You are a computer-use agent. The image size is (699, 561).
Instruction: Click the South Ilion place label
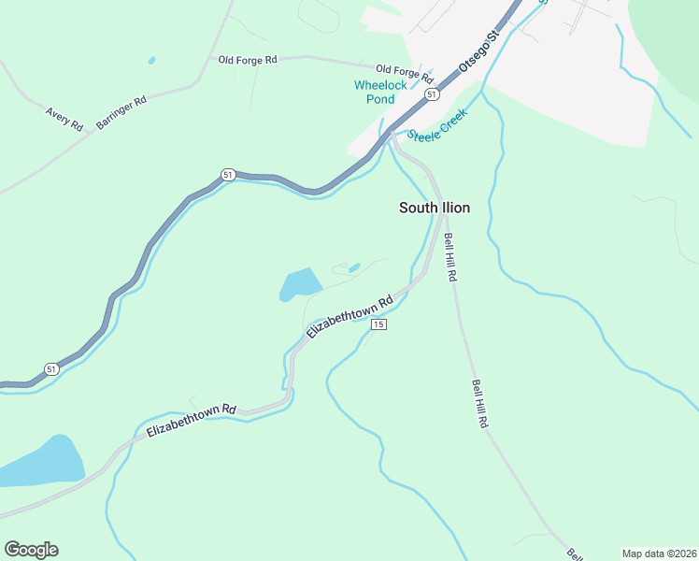pos(434,208)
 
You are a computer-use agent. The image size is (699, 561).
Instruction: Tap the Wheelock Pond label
pos(380,92)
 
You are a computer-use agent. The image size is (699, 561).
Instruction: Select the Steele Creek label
pos(436,127)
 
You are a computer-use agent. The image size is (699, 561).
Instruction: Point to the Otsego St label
pos(480,53)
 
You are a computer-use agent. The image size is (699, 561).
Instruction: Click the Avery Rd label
pos(64,119)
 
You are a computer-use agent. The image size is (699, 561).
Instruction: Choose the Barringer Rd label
pos(121,112)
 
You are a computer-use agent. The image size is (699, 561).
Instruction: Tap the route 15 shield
pos(378,324)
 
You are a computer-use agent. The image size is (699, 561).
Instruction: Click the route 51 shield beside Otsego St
pos(430,94)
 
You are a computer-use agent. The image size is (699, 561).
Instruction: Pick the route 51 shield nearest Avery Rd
pos(227,175)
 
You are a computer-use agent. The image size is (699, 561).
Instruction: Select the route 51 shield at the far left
pos(51,369)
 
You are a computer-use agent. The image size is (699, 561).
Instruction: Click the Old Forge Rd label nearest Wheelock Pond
pos(405,72)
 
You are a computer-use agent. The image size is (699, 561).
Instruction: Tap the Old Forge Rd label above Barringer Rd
pos(248,60)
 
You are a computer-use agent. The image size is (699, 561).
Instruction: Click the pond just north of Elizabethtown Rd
pos(299,284)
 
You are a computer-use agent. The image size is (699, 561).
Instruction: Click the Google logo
pos(31,550)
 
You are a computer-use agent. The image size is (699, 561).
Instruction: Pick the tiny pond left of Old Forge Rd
pos(151,61)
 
